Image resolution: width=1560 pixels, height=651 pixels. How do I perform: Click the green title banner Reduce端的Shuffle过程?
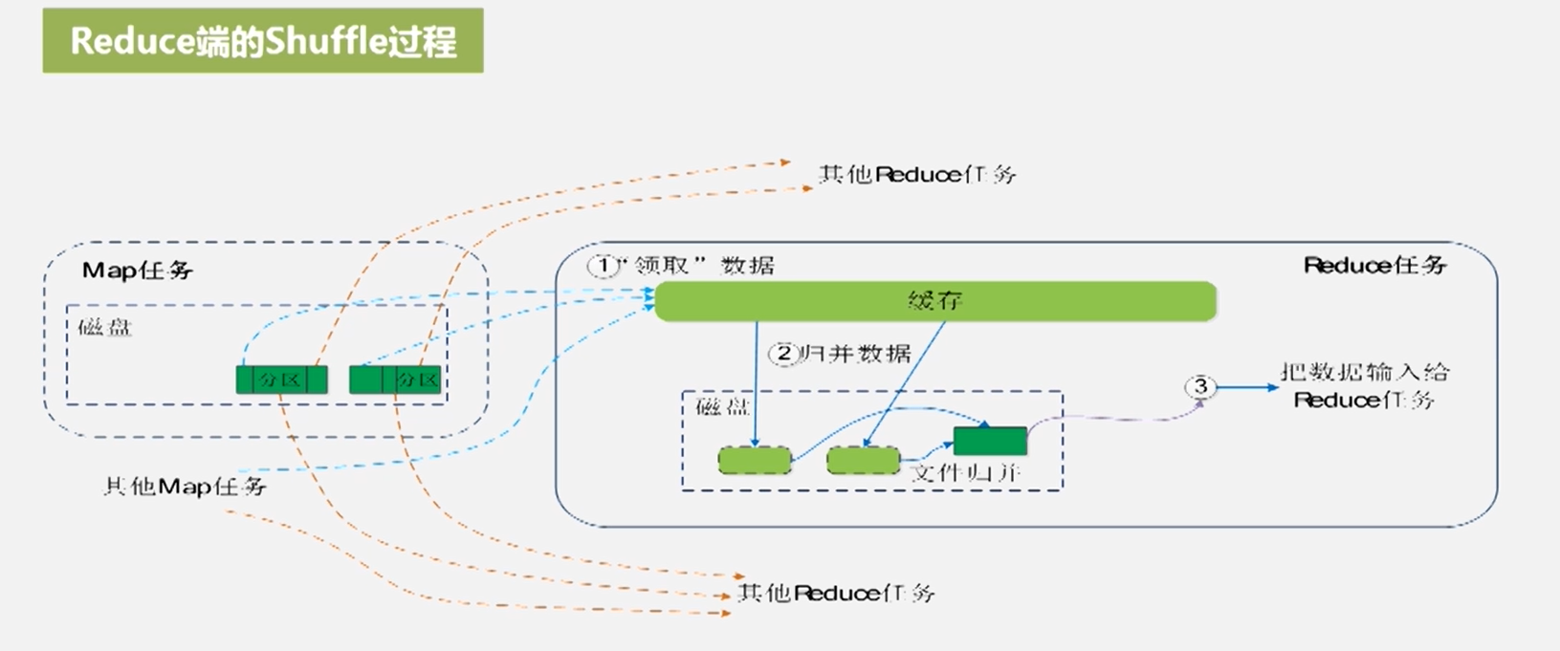point(263,41)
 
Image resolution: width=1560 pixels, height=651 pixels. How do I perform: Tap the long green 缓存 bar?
point(934,301)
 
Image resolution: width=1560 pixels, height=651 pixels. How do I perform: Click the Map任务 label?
point(138,271)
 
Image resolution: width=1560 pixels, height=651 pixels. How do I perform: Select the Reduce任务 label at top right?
point(1374,265)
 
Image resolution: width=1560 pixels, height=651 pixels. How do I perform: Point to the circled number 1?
point(603,266)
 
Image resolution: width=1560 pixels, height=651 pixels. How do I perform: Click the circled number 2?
point(783,355)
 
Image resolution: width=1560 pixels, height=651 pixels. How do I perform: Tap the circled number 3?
point(1200,386)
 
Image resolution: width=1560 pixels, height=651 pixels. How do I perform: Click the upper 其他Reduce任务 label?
point(916,174)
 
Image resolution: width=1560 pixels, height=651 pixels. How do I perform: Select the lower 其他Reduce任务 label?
point(835,593)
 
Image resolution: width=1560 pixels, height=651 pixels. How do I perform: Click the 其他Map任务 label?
point(185,487)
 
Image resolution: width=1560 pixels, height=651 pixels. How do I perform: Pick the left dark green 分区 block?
point(281,380)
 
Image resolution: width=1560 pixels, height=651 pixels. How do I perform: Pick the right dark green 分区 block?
point(395,380)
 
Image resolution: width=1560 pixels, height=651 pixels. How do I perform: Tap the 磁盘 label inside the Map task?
point(104,328)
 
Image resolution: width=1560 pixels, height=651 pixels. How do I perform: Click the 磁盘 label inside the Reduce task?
point(722,407)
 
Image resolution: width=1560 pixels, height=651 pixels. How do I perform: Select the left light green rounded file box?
point(755,461)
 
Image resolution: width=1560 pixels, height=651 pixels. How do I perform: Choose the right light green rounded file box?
point(863,461)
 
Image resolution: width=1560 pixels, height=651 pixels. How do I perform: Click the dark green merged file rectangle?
point(990,441)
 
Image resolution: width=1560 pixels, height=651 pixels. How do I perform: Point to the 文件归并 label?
point(966,472)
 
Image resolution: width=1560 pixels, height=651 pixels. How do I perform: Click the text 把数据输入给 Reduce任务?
point(1364,385)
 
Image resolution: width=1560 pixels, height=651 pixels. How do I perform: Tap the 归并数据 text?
point(856,355)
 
